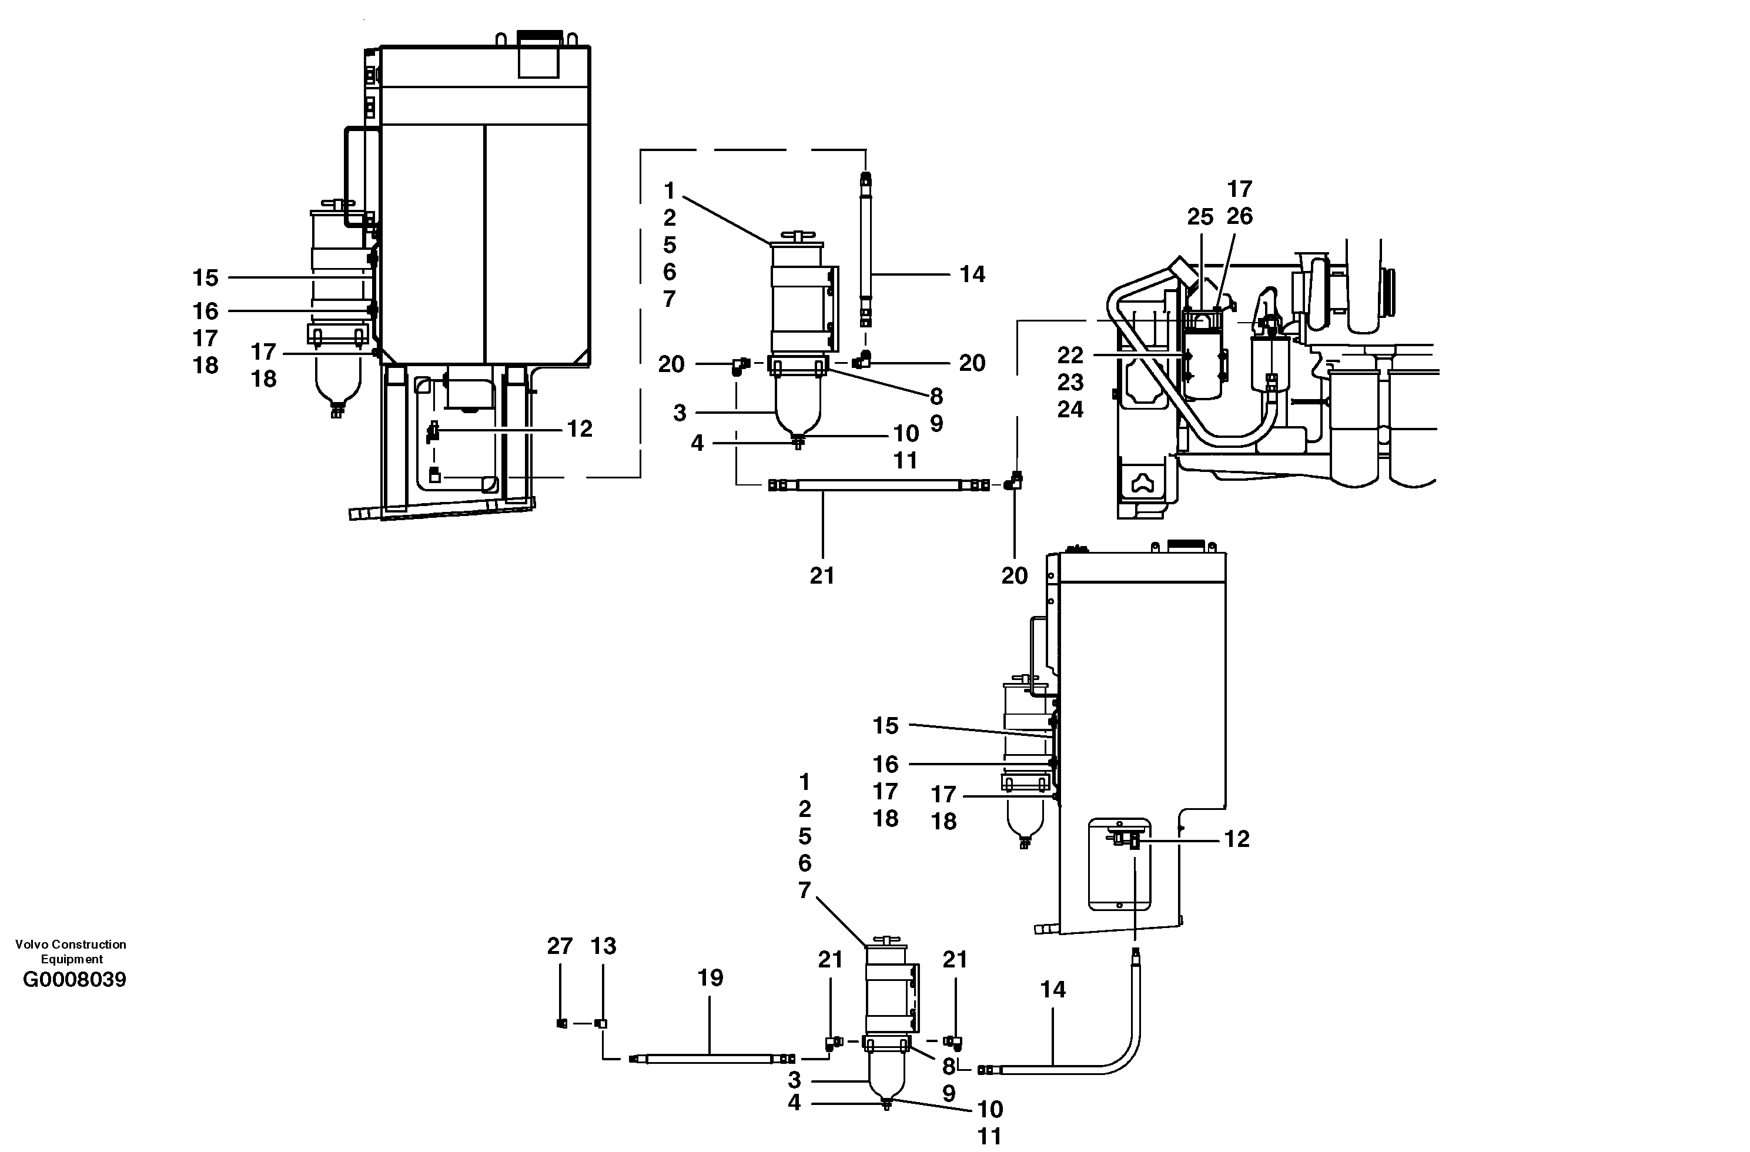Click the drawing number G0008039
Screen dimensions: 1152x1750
click(x=74, y=980)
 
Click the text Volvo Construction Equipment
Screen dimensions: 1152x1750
click(x=71, y=952)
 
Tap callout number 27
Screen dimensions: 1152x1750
click(x=560, y=946)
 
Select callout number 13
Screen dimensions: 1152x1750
click(x=603, y=946)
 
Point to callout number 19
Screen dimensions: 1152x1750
click(x=710, y=978)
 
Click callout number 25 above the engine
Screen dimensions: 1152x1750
click(x=1200, y=217)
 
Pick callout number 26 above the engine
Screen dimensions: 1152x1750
click(x=1240, y=216)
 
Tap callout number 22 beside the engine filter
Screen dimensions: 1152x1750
click(x=1070, y=355)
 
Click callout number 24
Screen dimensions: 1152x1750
click(x=1070, y=410)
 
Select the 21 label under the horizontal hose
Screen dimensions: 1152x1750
click(x=822, y=575)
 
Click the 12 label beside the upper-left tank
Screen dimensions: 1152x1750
click(x=580, y=428)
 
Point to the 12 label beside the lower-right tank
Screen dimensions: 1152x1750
click(x=1237, y=839)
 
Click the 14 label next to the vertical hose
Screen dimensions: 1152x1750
click(x=972, y=274)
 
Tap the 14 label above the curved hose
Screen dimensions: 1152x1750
click(x=1053, y=990)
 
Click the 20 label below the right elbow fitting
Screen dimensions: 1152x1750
click(x=1014, y=575)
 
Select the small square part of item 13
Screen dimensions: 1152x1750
click(x=601, y=1023)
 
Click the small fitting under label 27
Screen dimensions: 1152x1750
click(x=562, y=1023)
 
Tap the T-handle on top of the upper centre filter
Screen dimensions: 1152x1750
click(x=797, y=235)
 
